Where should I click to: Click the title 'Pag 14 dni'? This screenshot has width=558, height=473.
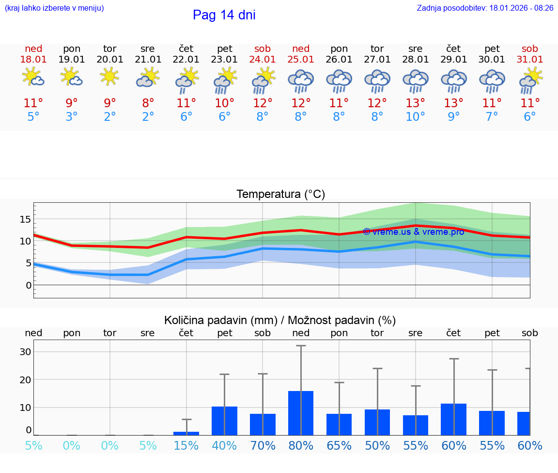point(224,15)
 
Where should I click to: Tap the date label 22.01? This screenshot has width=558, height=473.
point(186,59)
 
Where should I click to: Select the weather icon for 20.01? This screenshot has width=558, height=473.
point(110,77)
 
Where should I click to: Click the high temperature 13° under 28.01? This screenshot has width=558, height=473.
point(415,103)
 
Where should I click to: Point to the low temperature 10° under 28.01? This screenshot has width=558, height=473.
point(415,117)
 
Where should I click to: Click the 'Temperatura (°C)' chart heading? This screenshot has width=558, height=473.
point(280,195)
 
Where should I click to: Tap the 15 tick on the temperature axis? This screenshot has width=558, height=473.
point(25,219)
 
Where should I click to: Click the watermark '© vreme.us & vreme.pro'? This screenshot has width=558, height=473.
point(414,232)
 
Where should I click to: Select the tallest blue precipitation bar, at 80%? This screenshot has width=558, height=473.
point(301,413)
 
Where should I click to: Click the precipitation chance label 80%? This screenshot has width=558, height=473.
point(301,445)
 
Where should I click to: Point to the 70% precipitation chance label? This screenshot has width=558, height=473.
point(263,445)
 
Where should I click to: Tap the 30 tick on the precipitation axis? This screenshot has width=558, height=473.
point(25,352)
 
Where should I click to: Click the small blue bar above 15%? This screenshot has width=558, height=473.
point(186,433)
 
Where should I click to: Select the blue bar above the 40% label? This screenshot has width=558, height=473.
point(224,421)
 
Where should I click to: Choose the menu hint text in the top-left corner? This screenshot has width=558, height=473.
point(54,8)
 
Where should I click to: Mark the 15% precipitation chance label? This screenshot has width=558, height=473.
point(186,445)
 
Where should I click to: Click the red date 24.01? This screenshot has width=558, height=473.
point(263,59)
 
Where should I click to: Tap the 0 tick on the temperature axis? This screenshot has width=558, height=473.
point(28,285)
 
